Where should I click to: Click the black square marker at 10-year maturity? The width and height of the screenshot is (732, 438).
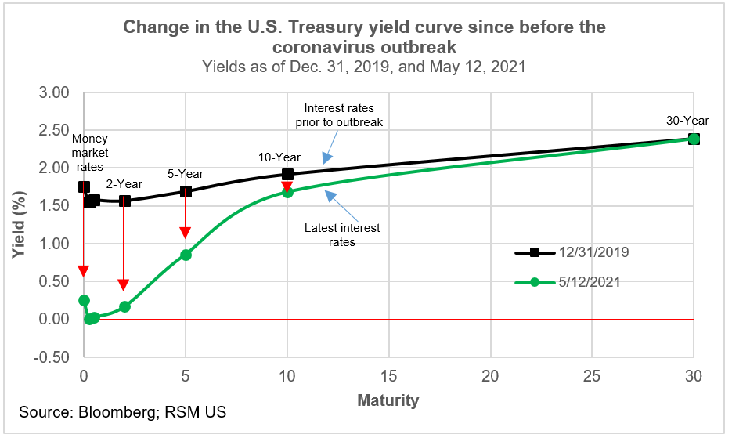pos(287,175)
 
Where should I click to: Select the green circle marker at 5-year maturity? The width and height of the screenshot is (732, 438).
pos(186,255)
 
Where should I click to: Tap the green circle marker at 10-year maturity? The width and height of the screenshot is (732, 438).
pos(287,191)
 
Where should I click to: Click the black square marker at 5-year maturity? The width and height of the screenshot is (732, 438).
pos(186,191)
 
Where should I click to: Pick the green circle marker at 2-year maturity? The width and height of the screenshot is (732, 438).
pos(124,306)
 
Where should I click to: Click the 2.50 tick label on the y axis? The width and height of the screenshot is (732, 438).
pos(55,130)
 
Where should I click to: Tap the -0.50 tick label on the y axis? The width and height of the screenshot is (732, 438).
pos(53,357)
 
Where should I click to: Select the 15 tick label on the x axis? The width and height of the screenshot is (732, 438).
pos(388,375)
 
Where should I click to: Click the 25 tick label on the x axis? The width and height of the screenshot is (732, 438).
pos(592,375)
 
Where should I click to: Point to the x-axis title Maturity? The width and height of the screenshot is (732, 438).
pos(388,400)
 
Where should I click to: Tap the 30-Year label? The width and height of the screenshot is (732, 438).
pos(687,121)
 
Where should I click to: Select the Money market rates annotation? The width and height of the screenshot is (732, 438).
pos(90,153)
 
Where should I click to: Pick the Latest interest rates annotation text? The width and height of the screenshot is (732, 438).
pos(343,235)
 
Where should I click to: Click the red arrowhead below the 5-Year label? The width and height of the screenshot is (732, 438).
pos(186,232)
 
